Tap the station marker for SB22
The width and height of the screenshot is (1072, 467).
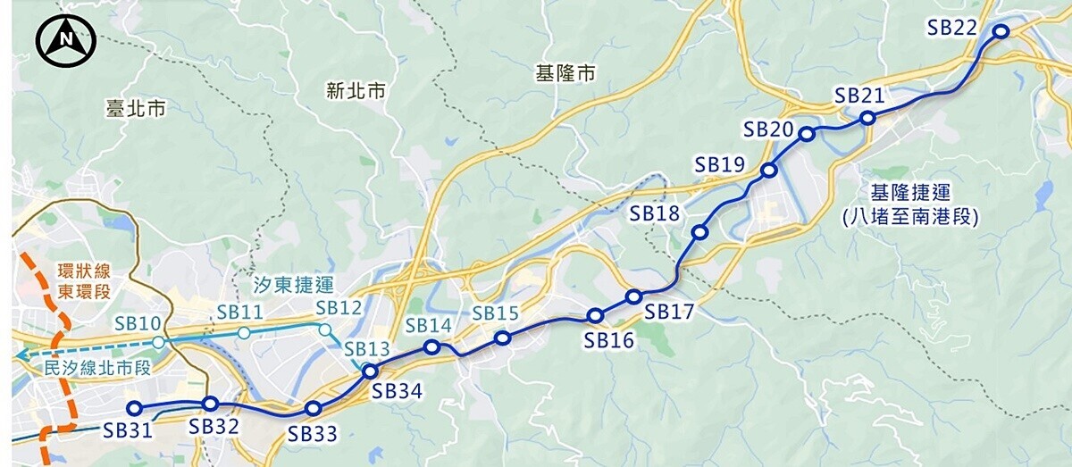[x=1001, y=31]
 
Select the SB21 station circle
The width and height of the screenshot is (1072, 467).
[x=867, y=118]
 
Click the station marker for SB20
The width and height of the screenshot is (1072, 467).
[x=806, y=134]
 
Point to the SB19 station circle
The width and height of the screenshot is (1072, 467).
[x=768, y=170]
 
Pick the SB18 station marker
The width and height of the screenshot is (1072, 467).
[x=699, y=233]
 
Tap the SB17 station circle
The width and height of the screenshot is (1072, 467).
[x=634, y=296]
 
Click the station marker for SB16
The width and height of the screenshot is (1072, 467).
[x=595, y=315]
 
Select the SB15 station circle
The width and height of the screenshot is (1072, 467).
[x=502, y=338]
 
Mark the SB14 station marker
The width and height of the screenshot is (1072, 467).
[x=431, y=347]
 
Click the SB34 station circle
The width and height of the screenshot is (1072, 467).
[x=371, y=371]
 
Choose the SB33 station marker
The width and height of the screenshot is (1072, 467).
[x=313, y=408]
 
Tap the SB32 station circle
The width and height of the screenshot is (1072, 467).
[x=211, y=404]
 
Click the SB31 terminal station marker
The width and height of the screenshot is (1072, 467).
[x=135, y=408]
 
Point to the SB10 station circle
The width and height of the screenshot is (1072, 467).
[x=158, y=342]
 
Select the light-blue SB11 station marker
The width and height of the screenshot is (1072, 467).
[x=244, y=333]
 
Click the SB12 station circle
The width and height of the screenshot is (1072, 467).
[x=324, y=329]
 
